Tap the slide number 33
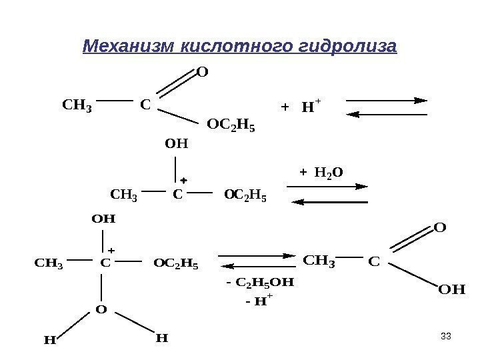click(x=447, y=335)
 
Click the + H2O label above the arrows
click(x=322, y=173)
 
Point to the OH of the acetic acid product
click(x=451, y=290)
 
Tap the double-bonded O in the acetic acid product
click(x=439, y=228)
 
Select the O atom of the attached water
click(x=101, y=310)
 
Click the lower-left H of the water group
click(x=49, y=340)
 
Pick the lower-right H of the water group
click(x=161, y=338)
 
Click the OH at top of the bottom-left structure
click(x=103, y=218)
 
